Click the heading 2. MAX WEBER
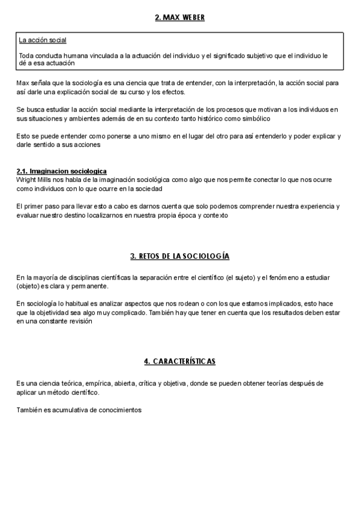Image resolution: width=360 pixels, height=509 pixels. tap(179, 17)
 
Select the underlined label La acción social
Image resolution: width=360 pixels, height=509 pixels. tap(42, 41)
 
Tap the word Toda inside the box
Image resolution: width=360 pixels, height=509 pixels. tap(26, 56)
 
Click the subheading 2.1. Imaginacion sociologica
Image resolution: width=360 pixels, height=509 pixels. tap(62, 172)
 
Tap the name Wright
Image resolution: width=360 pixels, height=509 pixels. tap(28, 179)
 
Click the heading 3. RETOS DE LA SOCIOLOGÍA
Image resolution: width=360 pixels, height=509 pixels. tap(179, 256)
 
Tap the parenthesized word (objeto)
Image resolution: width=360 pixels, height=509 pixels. tap(29, 286)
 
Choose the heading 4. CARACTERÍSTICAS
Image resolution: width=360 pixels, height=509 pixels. tap(179, 361)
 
